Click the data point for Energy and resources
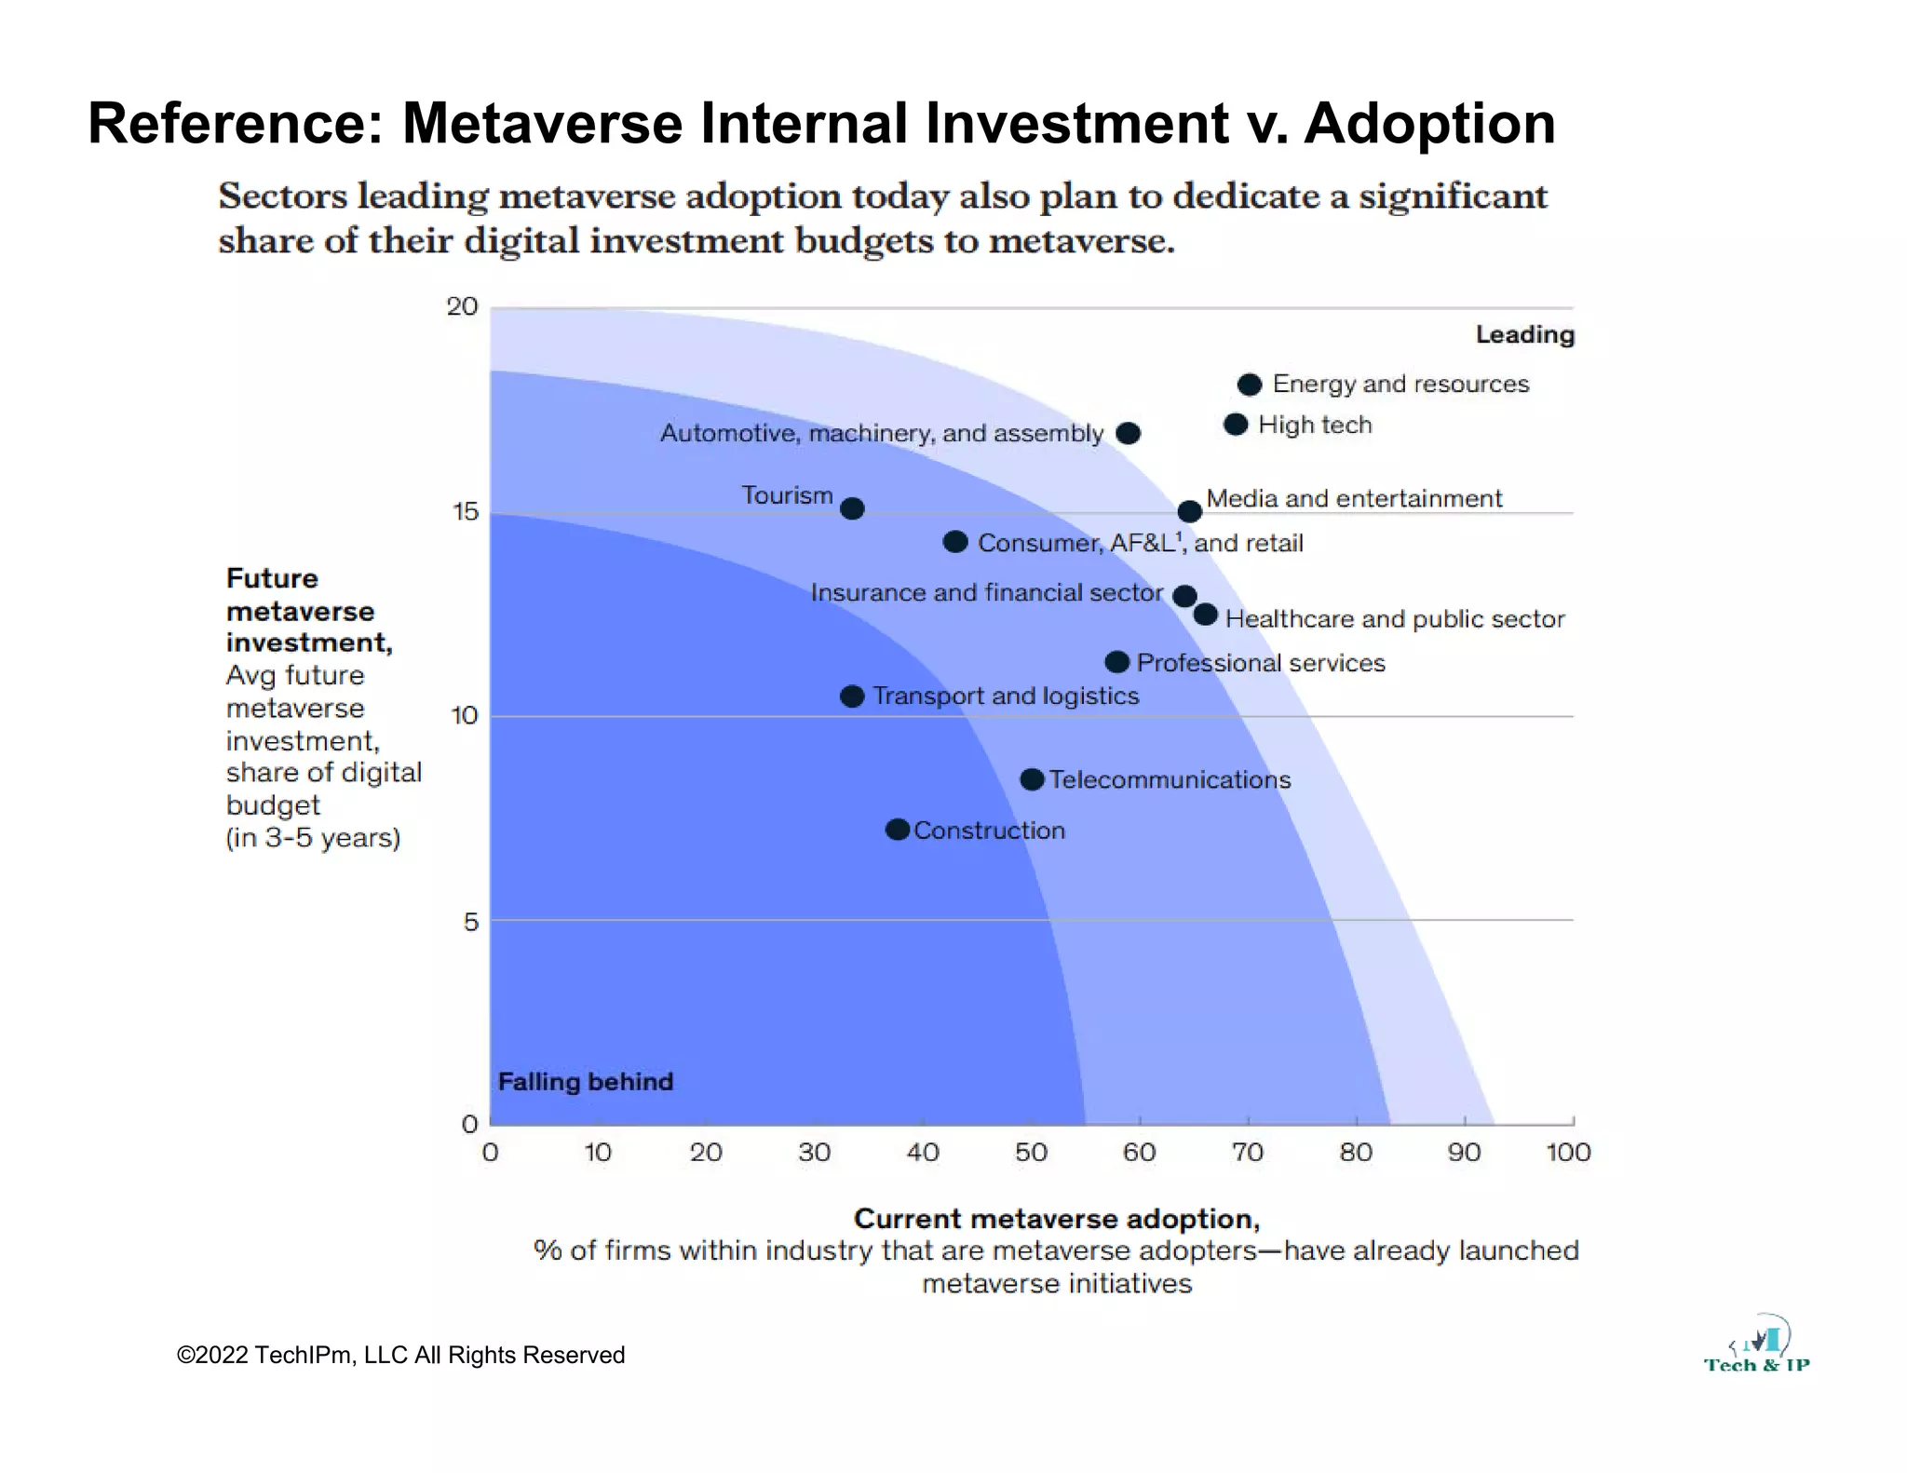tap(1250, 385)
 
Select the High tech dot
tap(1236, 425)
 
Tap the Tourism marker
tap(852, 508)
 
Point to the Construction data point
tap(898, 830)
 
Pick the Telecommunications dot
tap(1032, 779)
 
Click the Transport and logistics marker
tap(852, 696)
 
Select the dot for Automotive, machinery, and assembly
tap(1128, 433)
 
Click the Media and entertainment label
tap(1354, 498)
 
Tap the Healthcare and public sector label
tap(1394, 619)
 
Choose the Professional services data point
tap(1117, 662)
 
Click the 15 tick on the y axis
tap(465, 511)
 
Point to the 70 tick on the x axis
tap(1248, 1153)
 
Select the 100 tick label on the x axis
tap(1568, 1153)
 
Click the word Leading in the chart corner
tap(1524, 334)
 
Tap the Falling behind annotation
tap(585, 1081)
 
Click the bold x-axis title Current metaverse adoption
tap(1056, 1219)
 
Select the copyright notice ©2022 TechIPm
tap(400, 1355)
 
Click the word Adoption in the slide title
tap(1429, 123)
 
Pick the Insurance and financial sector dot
tap(1184, 596)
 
